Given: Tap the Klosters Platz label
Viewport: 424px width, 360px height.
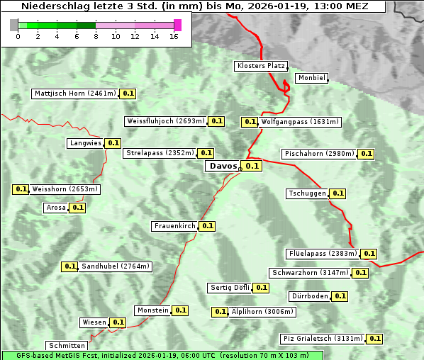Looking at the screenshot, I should coord(260,66).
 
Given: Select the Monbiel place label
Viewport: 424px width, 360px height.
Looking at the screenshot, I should coord(311,78).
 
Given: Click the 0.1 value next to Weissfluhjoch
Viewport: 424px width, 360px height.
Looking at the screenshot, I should coord(217,121).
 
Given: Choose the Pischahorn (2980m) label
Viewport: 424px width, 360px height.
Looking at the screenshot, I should coord(319,154).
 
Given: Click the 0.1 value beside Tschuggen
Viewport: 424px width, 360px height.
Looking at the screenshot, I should coord(338,193).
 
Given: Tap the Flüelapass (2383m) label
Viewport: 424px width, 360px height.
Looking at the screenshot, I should coord(323,253).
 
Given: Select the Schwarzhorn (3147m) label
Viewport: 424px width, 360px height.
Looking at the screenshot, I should coord(311,273).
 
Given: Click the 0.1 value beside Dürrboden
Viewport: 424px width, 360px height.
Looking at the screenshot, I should coord(340,296).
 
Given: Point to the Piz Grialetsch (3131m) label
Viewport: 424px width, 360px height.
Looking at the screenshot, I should coord(323,339).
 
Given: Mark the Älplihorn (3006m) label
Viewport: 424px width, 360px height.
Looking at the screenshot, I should coord(262,312).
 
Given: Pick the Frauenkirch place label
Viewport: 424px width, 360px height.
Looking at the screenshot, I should coord(174,226).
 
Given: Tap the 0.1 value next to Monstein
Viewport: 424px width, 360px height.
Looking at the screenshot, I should coord(181,310).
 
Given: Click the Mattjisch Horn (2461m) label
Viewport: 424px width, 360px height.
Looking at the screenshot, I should coord(75,94).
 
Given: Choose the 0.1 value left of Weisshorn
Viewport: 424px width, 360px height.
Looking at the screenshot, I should coord(21,189).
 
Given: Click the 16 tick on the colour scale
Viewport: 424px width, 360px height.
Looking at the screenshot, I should coord(174,35).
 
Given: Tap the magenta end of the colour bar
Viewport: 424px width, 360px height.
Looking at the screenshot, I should coord(177,25).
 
